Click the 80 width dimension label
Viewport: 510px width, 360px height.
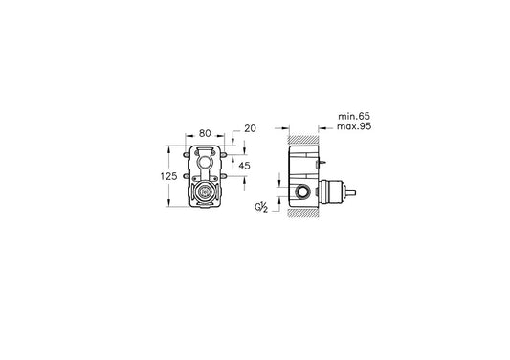[205, 133]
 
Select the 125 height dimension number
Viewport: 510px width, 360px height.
[168, 176]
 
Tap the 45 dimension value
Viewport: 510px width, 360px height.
[245, 166]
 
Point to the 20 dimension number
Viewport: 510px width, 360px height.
[250, 128]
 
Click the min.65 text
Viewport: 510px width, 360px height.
[354, 116]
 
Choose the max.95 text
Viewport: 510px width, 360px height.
[354, 126]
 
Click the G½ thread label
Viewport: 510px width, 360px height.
[261, 207]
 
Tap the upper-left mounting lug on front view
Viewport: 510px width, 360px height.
[186, 155]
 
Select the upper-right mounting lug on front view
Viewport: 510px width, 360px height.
[224, 155]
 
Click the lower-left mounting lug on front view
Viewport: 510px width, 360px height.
[186, 176]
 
